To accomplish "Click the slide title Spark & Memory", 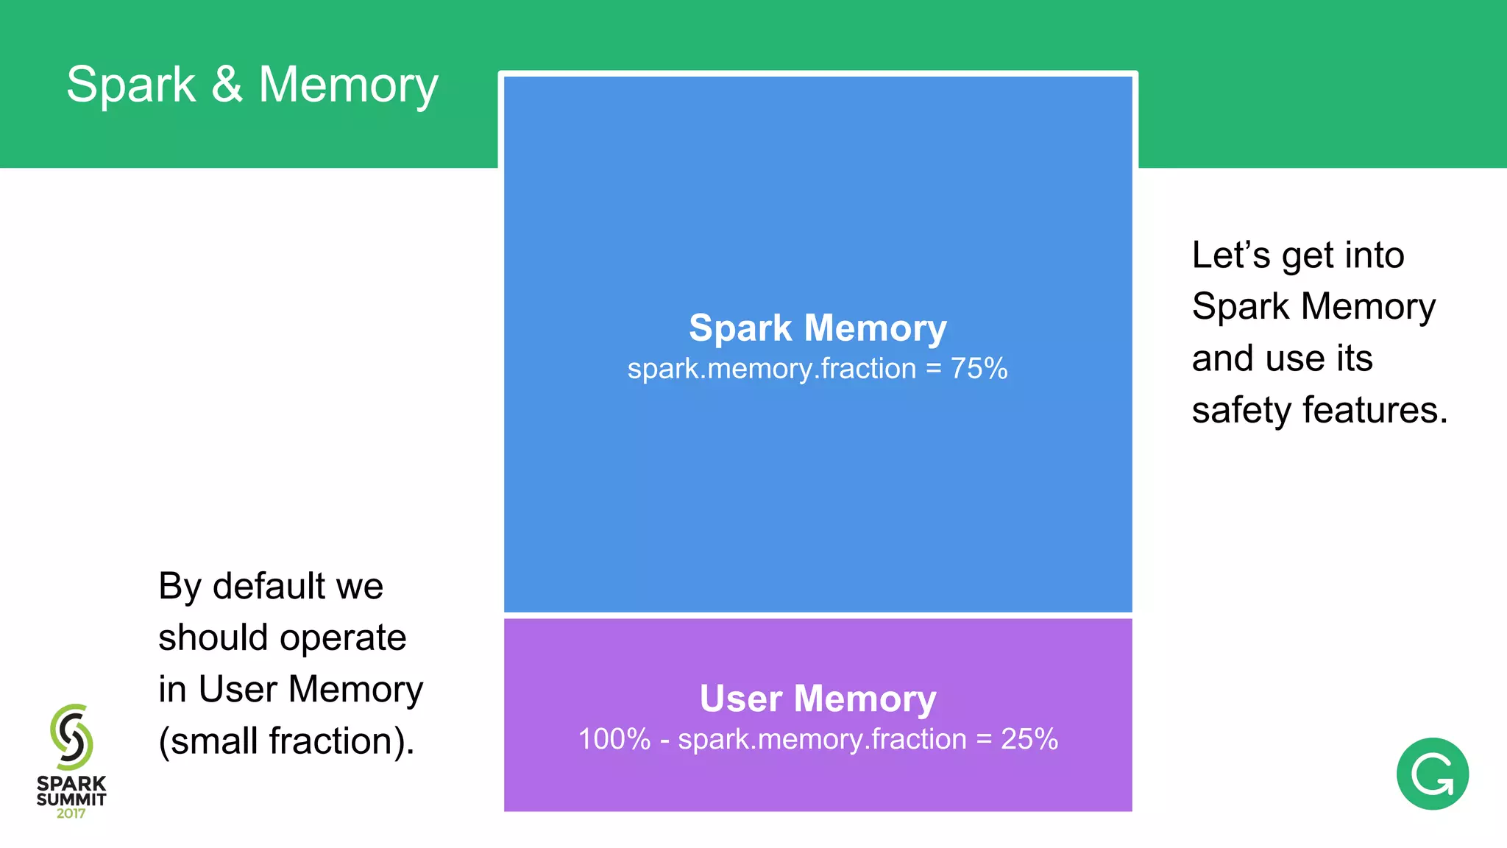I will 252,85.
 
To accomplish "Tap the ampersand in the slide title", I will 227,84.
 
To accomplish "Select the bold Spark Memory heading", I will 818,328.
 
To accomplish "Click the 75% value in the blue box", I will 979,369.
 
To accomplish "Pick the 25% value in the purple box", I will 1029,739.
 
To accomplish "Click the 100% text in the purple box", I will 614,739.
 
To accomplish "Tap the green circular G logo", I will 1432,774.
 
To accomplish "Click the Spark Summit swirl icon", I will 71,736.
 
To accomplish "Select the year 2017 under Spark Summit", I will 71,814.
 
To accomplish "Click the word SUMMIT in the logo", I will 71,799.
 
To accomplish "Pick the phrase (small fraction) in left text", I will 286,741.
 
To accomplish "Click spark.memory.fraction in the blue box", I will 771,369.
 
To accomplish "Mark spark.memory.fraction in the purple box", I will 822,739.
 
